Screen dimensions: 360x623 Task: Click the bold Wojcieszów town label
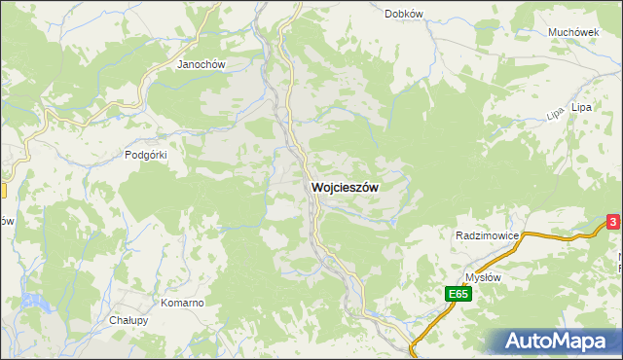[345, 186]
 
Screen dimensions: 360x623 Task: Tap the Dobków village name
[403, 14]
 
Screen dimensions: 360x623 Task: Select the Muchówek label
[572, 32]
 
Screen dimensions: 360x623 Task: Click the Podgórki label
[147, 155]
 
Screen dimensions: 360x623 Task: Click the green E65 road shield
[459, 294]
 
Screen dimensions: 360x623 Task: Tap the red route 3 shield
[613, 223]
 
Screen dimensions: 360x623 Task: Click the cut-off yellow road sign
[3, 192]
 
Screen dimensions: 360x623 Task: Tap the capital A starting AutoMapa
[516, 342]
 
